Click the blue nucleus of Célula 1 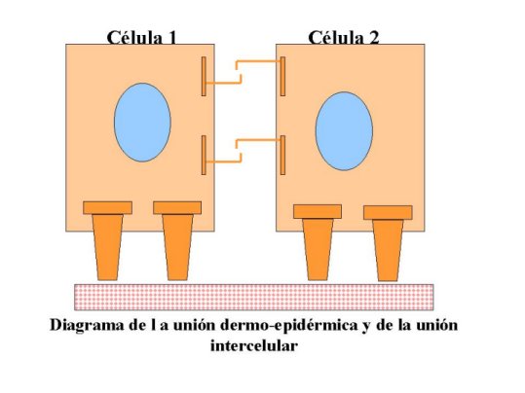(142, 123)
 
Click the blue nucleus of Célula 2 (344, 131)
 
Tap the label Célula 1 (141, 38)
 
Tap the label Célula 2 (344, 38)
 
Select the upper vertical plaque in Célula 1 (204, 76)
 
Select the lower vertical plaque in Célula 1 (204, 155)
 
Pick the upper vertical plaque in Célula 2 (282, 76)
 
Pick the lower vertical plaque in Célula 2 (282, 155)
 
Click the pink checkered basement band (254, 297)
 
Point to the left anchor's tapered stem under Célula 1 (107, 247)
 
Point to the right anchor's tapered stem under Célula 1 (177, 247)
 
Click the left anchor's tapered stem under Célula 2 (318, 249)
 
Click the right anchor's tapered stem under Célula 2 (388, 250)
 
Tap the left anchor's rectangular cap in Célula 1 (107, 208)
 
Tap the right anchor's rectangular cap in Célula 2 (388, 213)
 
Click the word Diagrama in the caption (87, 326)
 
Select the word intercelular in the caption (254, 345)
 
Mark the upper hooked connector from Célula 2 (258, 64)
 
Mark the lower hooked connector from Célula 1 (224, 159)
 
